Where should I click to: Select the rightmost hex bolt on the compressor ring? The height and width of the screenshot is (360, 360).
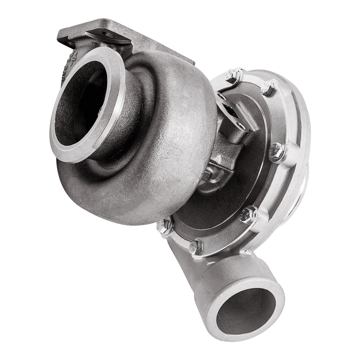[x=277, y=151]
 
